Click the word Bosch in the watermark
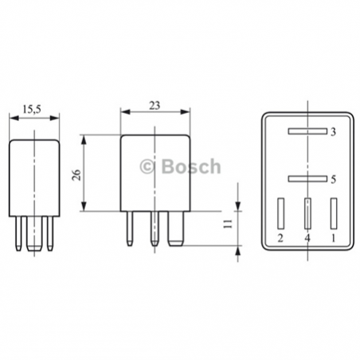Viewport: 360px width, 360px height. click(191, 166)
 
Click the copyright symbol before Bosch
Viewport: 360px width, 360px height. click(147, 166)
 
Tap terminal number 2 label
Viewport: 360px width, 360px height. click(280, 237)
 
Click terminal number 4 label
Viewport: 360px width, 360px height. click(307, 237)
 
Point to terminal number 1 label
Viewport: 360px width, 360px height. click(333, 237)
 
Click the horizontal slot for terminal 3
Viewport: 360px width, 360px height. click(307, 131)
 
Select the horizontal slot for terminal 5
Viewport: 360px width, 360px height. click(307, 179)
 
